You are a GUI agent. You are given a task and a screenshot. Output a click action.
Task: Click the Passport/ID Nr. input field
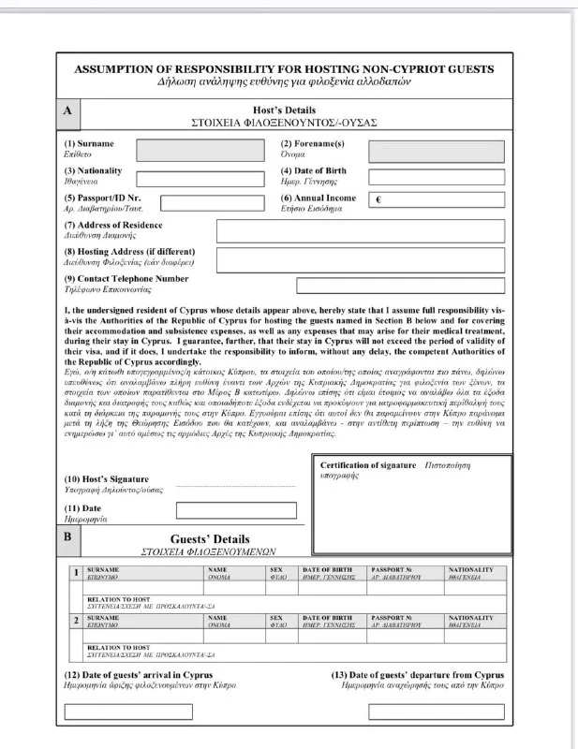point(212,203)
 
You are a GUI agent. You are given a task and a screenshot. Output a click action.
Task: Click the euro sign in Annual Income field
point(378,200)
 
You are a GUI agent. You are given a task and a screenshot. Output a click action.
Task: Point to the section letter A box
point(67,110)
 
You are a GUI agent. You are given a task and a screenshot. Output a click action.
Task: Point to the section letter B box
point(67,537)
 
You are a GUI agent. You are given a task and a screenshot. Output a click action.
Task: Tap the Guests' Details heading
point(210,539)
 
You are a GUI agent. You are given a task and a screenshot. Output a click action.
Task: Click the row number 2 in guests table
point(75,620)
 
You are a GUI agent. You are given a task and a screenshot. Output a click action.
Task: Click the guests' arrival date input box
point(127,712)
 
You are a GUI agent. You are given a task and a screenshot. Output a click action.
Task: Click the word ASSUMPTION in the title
point(116,69)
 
